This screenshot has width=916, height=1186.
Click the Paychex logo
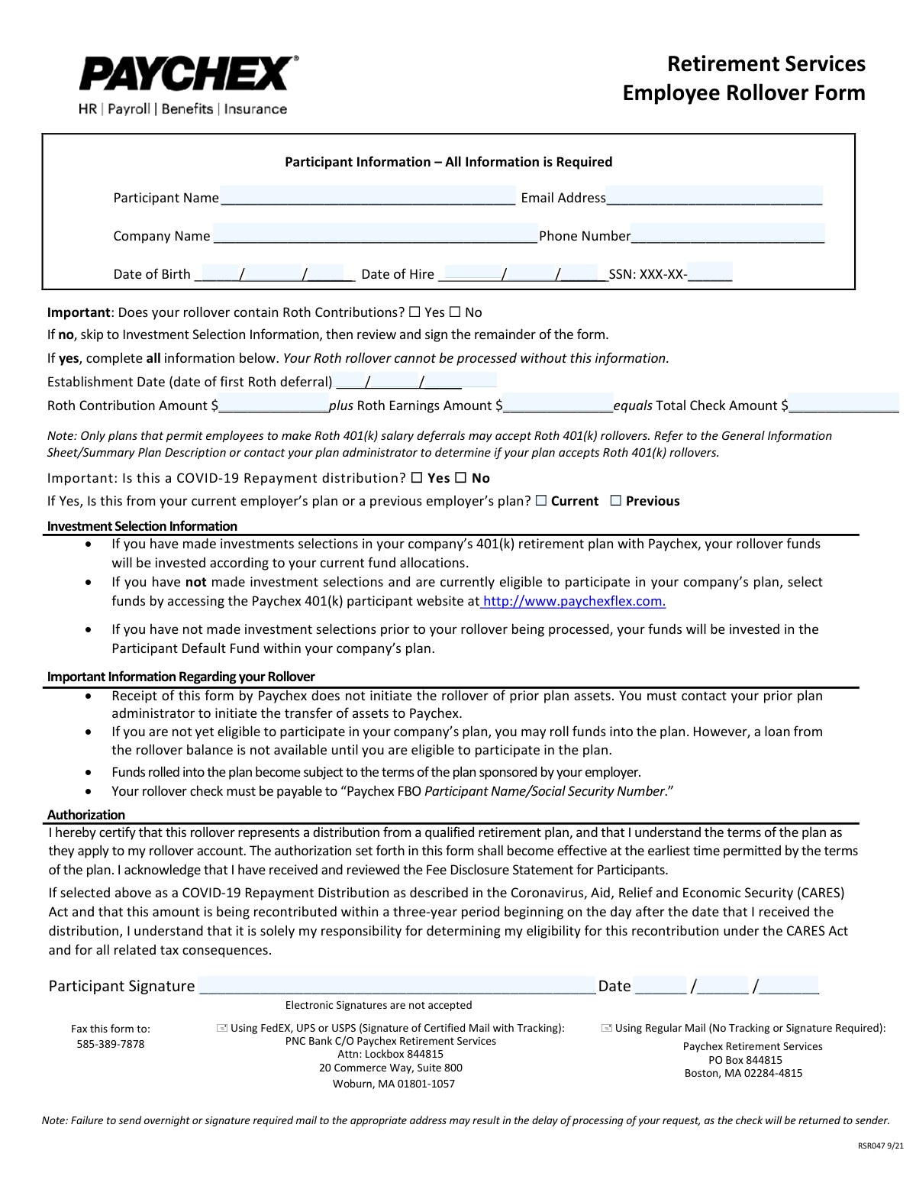pos(188,75)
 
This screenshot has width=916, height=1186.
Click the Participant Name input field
pos(367,196)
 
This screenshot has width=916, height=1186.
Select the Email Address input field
pos(714,196)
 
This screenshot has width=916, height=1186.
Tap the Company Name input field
pos(375,234)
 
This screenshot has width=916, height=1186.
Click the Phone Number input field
pos(727,234)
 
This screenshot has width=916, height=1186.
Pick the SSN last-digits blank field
pos(710,273)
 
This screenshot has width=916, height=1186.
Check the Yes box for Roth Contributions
pos(414,312)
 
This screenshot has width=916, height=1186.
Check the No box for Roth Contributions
pos(455,312)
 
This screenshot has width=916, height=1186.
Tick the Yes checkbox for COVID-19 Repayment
pos(417,478)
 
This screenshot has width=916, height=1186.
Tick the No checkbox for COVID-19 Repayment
pos(460,478)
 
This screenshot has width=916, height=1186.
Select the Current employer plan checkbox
pos(541,501)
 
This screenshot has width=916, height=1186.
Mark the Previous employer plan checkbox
pos(616,501)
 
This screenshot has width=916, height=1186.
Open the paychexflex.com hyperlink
pos(574,602)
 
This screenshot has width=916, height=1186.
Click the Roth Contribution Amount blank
pos(273,405)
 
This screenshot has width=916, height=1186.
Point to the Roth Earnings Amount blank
pos(558,405)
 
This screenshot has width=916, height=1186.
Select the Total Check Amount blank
pos(843,405)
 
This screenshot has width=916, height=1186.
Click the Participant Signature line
pos(397,985)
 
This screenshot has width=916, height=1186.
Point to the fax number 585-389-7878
pos(111,1044)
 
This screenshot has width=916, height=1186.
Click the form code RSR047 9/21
pos(880,1146)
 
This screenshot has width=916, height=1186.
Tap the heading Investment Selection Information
pos(142,526)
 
